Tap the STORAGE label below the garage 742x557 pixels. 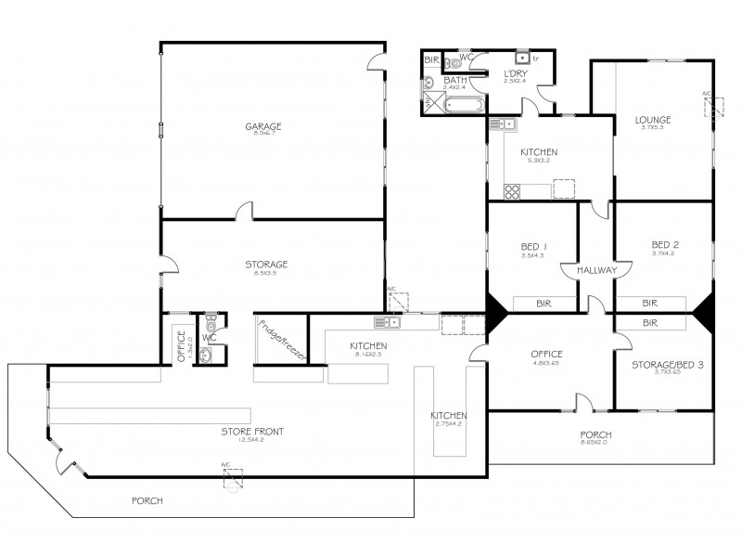265,264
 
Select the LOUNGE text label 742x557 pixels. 653,120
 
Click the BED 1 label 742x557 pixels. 532,246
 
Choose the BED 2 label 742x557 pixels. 664,245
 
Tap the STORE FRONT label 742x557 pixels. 252,431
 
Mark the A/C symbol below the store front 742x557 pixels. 231,476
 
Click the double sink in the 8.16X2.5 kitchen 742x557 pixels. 387,322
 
